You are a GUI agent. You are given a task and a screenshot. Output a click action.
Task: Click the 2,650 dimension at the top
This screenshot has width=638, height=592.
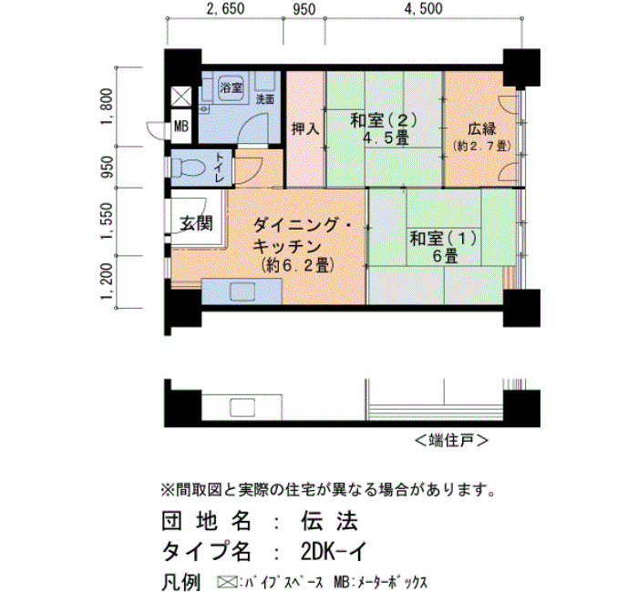tap(225, 9)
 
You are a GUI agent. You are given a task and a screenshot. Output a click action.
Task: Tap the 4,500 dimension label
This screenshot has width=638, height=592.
tap(423, 9)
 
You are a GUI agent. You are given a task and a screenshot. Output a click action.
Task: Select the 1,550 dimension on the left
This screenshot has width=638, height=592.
tap(107, 221)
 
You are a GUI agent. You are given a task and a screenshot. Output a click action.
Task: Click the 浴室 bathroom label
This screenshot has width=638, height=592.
tap(231, 87)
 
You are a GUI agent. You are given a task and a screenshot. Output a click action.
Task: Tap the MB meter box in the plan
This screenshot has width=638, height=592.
tap(181, 127)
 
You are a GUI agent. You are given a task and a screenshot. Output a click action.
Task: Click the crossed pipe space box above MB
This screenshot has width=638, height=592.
tap(181, 97)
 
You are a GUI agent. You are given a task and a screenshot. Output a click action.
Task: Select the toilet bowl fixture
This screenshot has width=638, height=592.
tap(188, 167)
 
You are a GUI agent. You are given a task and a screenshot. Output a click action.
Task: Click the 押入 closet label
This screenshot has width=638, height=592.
tap(305, 129)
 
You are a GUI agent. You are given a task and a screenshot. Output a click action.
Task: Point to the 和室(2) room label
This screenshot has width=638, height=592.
tap(384, 120)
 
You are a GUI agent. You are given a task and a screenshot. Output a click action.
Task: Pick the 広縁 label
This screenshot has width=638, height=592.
tap(482, 129)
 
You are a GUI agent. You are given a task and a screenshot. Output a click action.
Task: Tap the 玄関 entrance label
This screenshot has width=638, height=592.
tap(196, 223)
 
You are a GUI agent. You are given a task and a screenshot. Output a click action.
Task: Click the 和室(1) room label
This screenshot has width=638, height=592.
tap(443, 239)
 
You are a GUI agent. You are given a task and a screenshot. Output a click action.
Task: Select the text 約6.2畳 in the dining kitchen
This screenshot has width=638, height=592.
tap(298, 265)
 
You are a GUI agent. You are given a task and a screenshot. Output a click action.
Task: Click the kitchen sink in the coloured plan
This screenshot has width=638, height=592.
tap(242, 292)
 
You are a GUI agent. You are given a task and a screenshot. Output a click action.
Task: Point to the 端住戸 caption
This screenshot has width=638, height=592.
tap(451, 440)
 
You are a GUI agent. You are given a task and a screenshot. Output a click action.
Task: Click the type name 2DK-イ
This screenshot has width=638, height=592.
tap(334, 552)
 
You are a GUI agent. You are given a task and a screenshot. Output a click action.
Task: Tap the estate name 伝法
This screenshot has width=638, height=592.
tap(329, 521)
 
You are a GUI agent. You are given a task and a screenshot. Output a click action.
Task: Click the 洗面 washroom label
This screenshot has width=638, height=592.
tap(265, 98)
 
